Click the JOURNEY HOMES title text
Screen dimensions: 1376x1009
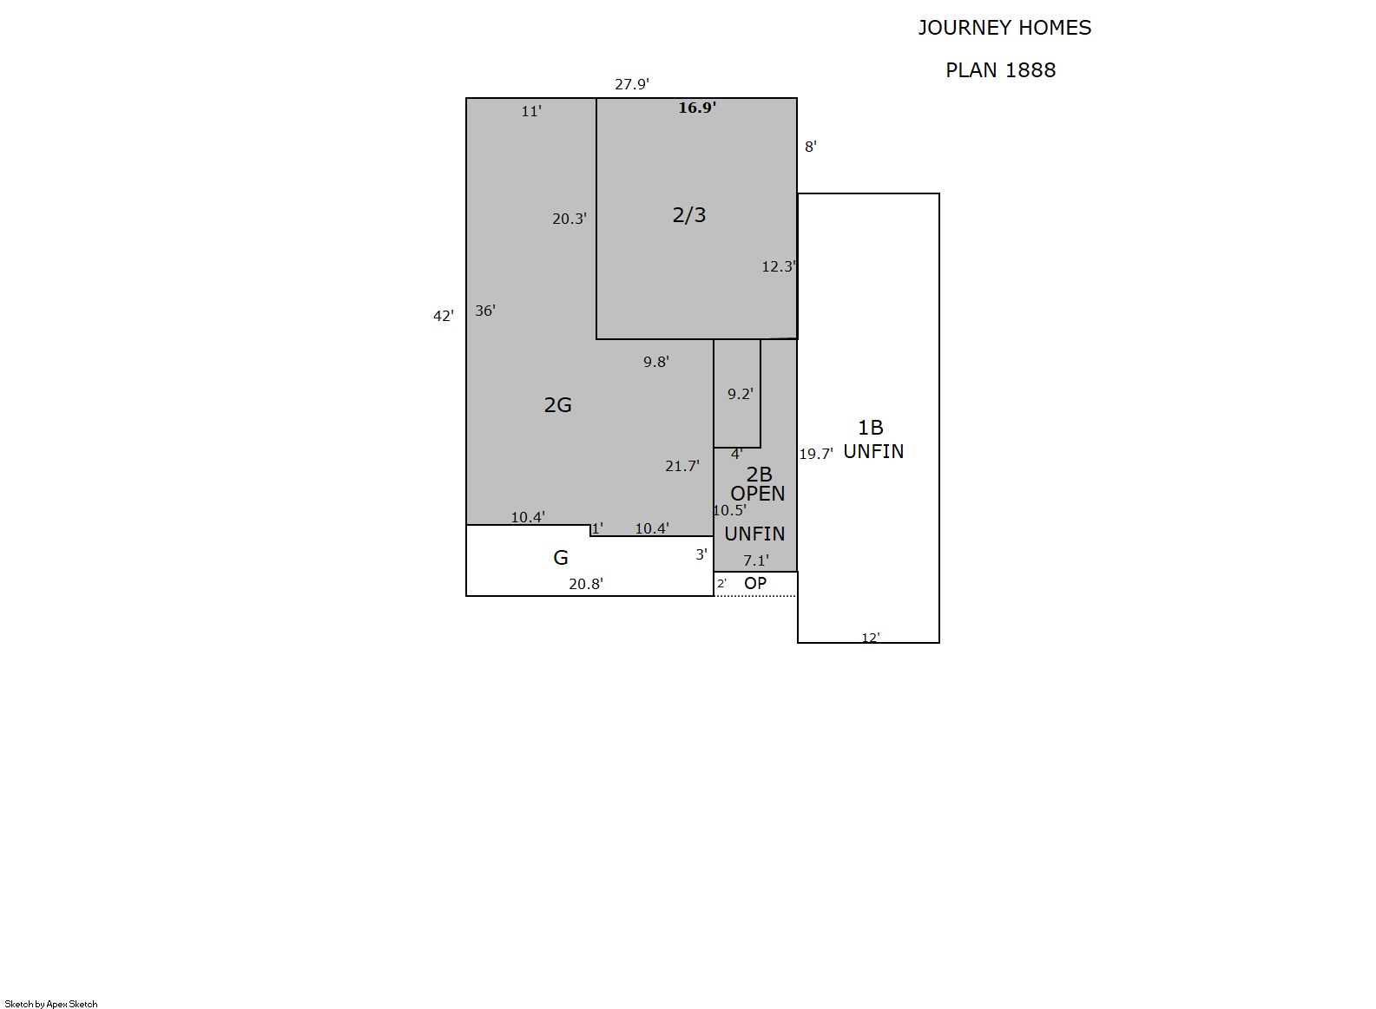1004,28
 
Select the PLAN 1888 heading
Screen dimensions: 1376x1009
1001,70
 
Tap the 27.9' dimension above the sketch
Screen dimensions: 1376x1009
632,84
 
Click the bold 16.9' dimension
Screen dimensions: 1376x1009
697,108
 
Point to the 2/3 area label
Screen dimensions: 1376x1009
689,215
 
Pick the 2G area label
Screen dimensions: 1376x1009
557,405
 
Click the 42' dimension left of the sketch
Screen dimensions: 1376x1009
444,316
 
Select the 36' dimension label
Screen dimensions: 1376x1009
485,311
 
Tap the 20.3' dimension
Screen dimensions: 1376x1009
569,219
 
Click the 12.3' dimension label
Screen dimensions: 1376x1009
779,267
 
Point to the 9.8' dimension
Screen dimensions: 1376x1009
656,362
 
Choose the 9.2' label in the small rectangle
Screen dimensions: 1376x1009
741,394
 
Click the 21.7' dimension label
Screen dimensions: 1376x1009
682,467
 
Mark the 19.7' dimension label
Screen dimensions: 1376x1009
816,454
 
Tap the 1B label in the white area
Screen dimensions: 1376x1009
871,428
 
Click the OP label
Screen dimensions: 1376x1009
755,583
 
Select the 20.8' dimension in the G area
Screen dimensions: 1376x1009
586,584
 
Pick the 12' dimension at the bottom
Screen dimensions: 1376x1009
871,638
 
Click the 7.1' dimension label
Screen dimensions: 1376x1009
756,561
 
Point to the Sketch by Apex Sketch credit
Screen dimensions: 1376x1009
51,1004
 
